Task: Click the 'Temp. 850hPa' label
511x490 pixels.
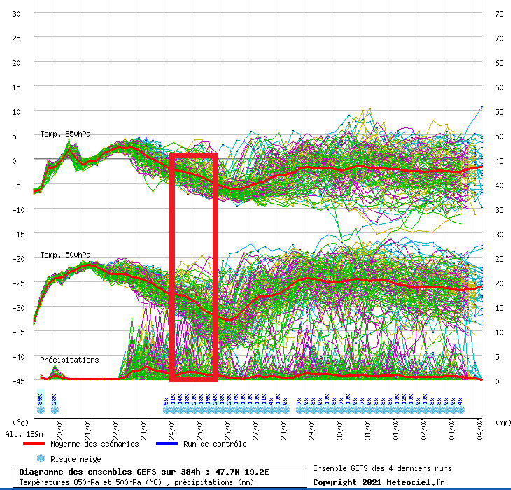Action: pyautogui.click(x=65, y=134)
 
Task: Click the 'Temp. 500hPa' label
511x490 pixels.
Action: pyautogui.click(x=65, y=255)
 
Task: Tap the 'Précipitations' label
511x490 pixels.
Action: pyautogui.click(x=69, y=360)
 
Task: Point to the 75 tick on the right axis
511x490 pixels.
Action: pyautogui.click(x=499, y=14)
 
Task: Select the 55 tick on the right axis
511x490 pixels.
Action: pyautogui.click(x=499, y=112)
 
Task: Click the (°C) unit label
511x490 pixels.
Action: pyautogui.click(x=21, y=422)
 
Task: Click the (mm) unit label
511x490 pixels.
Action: pyautogui.click(x=502, y=422)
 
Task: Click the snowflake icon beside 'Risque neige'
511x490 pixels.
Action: pyautogui.click(x=41, y=458)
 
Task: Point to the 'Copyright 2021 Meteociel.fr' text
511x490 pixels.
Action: pyautogui.click(x=379, y=482)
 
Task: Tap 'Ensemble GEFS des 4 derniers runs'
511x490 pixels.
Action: pyautogui.click(x=381, y=468)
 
